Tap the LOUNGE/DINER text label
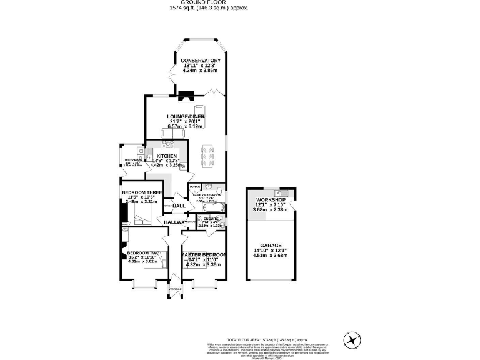click(x=186, y=116)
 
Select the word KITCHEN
click(x=167, y=156)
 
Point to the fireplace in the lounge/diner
click(x=186, y=96)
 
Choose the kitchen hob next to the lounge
click(x=168, y=144)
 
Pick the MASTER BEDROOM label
click(x=203, y=255)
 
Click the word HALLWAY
click(x=176, y=222)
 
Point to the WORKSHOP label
click(x=271, y=199)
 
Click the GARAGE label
click(x=271, y=246)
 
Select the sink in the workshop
click(x=283, y=192)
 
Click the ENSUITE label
click(x=211, y=219)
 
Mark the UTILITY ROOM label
click(x=134, y=161)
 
